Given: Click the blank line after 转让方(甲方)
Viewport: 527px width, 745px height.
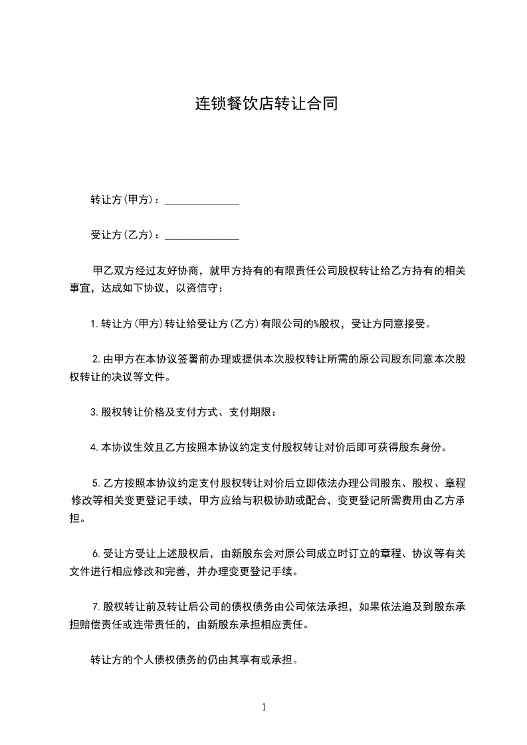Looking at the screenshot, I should pyautogui.click(x=201, y=201).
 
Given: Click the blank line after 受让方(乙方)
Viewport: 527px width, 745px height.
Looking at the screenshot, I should pyautogui.click(x=201, y=236).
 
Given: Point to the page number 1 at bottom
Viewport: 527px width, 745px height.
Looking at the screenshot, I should pyautogui.click(x=264, y=707).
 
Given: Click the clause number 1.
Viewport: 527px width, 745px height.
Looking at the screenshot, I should pyautogui.click(x=94, y=325).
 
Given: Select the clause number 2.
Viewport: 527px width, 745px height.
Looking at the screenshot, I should pyautogui.click(x=96, y=360).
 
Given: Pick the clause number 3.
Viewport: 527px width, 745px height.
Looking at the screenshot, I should pyautogui.click(x=94, y=412).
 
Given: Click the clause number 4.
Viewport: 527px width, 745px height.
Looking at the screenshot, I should pyautogui.click(x=94, y=448).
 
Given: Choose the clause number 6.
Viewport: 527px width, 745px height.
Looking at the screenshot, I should pyautogui.click(x=96, y=553).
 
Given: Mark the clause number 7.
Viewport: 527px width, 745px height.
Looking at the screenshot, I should pyautogui.click(x=96, y=606).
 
